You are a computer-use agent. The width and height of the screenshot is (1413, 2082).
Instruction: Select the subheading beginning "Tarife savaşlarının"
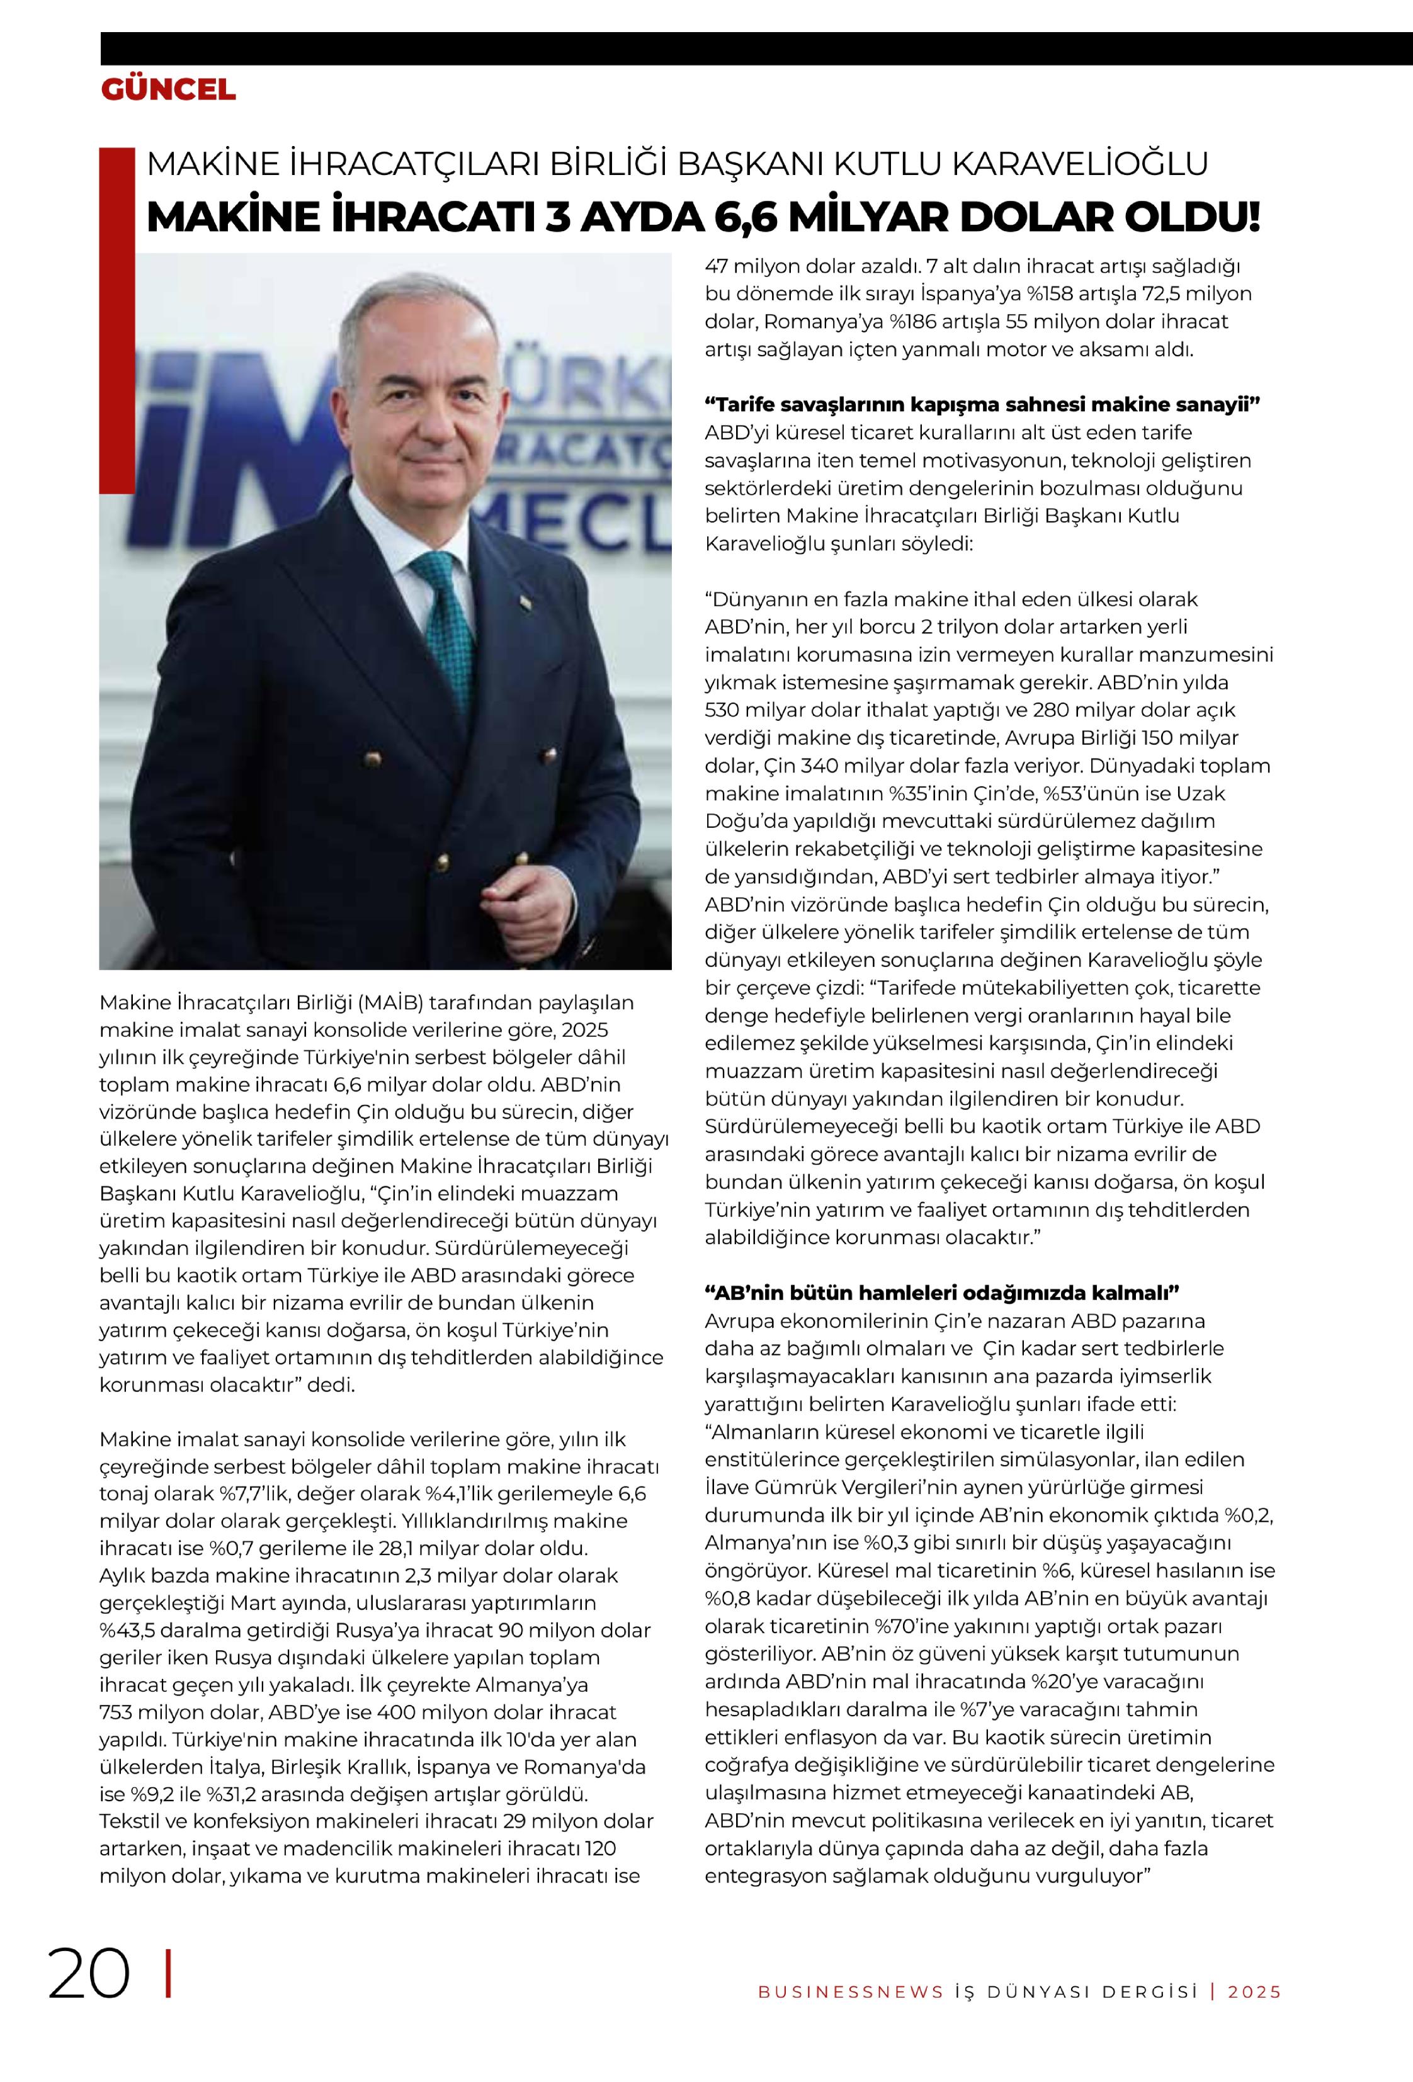(982, 404)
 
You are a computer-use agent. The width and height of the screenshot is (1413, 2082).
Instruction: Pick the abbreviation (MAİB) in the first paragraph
(390, 1002)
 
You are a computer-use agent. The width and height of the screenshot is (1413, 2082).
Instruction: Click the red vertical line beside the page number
(169, 1974)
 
